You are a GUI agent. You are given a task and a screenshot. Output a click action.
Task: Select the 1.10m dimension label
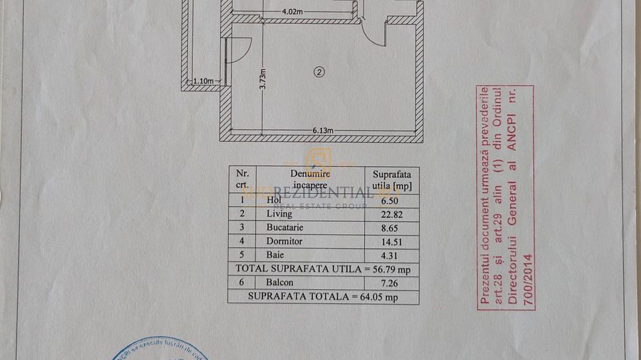[x=204, y=81]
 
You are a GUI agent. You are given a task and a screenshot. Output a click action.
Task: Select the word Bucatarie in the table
[x=287, y=227]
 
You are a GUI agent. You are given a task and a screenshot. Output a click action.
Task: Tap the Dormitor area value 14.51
[x=387, y=241]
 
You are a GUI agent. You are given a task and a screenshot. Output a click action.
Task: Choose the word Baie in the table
[x=275, y=255]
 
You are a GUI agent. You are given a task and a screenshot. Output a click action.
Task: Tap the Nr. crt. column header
[x=243, y=179]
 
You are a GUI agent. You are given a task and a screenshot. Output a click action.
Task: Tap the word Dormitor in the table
[x=284, y=241]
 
